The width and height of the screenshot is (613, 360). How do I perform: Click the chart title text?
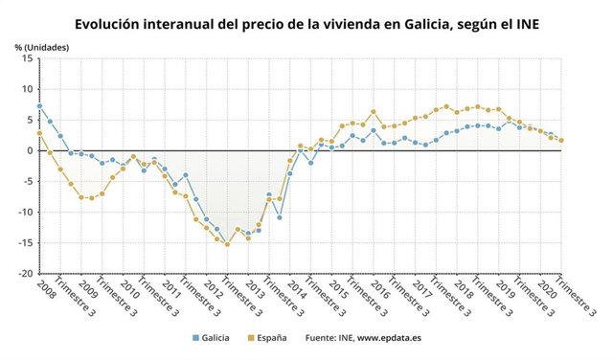pyautogui.click(x=306, y=22)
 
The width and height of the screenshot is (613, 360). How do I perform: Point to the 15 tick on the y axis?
pyautogui.click(x=27, y=58)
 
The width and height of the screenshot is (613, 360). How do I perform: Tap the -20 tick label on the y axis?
pyautogui.click(x=24, y=274)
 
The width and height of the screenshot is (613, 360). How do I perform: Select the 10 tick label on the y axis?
pyautogui.click(x=27, y=89)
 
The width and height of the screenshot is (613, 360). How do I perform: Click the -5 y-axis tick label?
pyautogui.click(x=27, y=181)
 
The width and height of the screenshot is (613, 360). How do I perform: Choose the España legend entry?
pyautogui.click(x=270, y=338)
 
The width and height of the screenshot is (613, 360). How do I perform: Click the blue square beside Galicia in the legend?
pyautogui.click(x=195, y=338)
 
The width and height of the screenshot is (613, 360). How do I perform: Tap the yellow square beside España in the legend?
pyautogui.click(x=251, y=338)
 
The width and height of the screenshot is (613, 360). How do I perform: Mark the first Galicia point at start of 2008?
pyautogui.click(x=39, y=106)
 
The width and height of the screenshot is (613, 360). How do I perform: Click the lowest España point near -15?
pyautogui.click(x=227, y=244)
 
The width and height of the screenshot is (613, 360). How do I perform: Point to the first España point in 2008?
pyautogui.click(x=39, y=133)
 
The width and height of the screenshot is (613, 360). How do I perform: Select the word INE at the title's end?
pyautogui.click(x=524, y=22)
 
